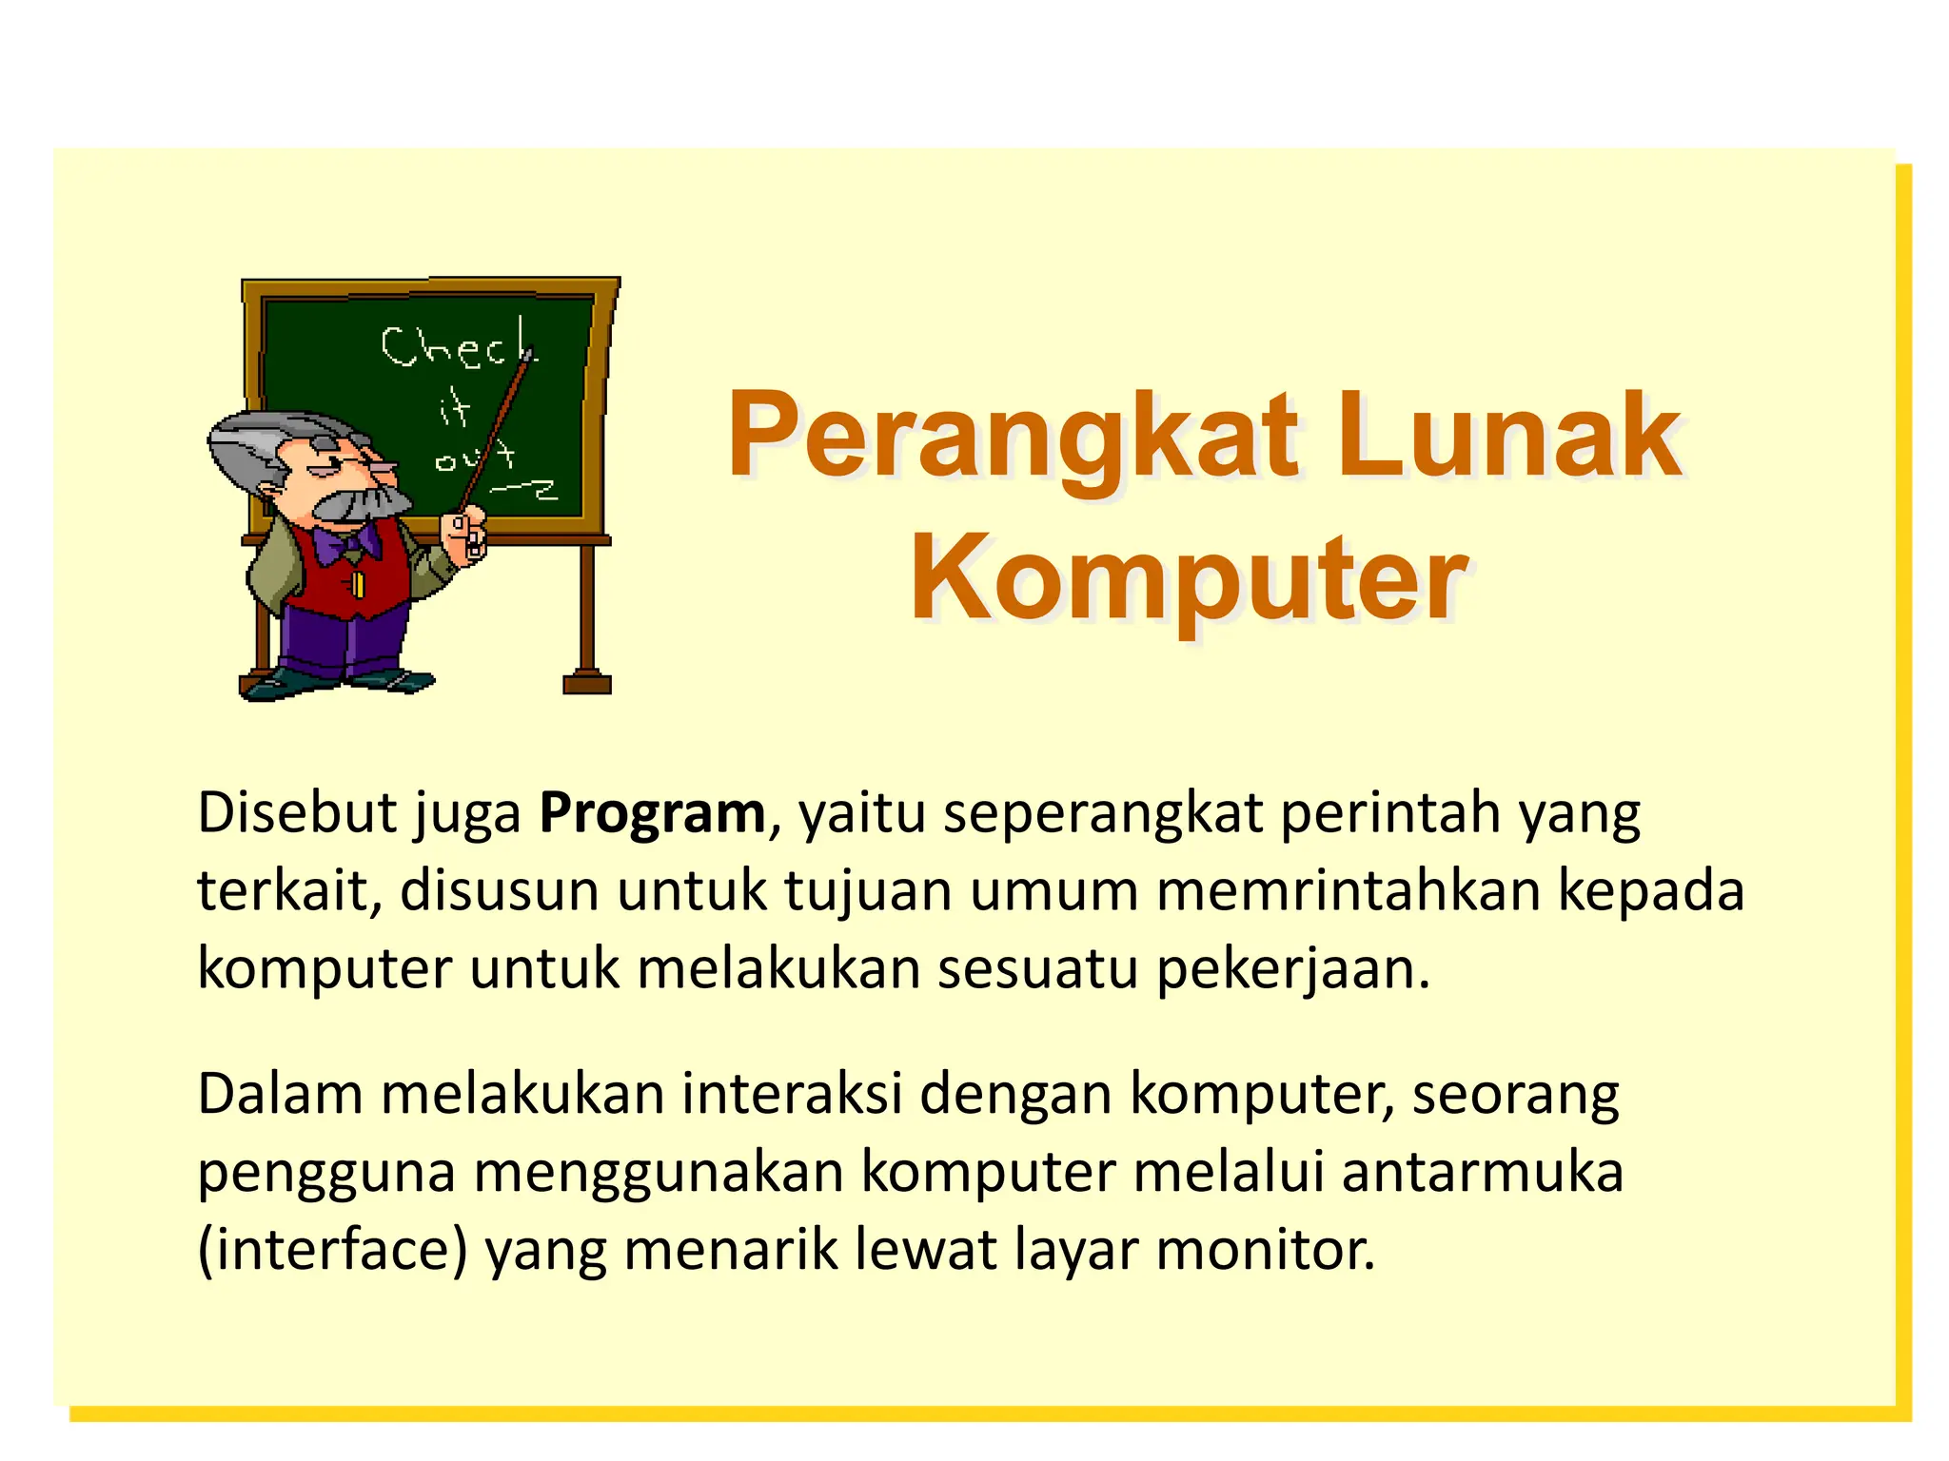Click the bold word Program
(x=652, y=815)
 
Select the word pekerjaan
(x=1292, y=970)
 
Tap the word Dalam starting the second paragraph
(x=280, y=1094)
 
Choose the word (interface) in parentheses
(x=332, y=1250)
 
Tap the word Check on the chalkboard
(x=457, y=346)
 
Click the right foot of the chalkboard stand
(x=586, y=682)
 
